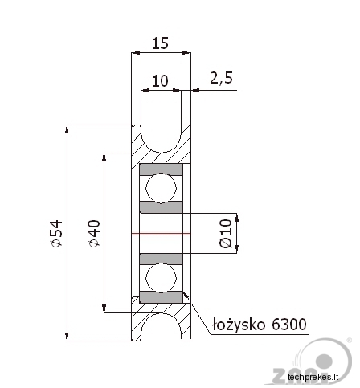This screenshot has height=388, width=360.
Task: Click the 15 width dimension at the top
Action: [x=160, y=43]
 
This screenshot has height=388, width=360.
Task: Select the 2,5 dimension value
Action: [x=221, y=78]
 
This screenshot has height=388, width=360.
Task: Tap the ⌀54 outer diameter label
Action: [x=56, y=233]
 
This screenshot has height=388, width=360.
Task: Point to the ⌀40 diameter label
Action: [x=94, y=233]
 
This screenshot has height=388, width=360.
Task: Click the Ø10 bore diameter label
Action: [x=226, y=233]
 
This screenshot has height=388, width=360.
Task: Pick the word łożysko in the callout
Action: [x=239, y=325]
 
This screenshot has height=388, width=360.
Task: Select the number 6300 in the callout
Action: [x=289, y=325]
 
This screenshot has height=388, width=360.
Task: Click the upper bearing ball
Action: [x=161, y=188]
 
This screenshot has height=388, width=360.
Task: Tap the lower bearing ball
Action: [x=161, y=278]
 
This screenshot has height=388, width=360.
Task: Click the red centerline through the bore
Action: [x=161, y=233]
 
